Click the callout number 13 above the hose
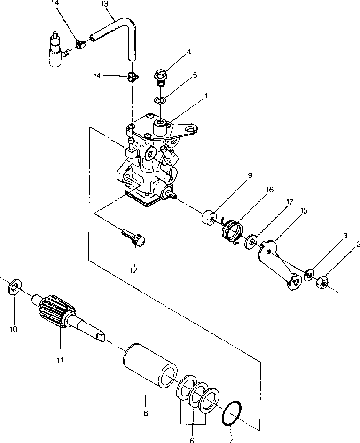click(104, 4)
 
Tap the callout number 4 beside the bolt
click(188, 52)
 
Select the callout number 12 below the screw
click(133, 270)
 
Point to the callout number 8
click(146, 413)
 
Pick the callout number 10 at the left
click(14, 329)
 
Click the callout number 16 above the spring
click(270, 190)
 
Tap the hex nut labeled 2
click(321, 282)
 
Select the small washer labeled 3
click(309, 275)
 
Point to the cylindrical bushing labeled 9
click(208, 218)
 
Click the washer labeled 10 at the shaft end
click(14, 286)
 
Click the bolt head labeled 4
click(160, 75)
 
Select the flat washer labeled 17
click(251, 241)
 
